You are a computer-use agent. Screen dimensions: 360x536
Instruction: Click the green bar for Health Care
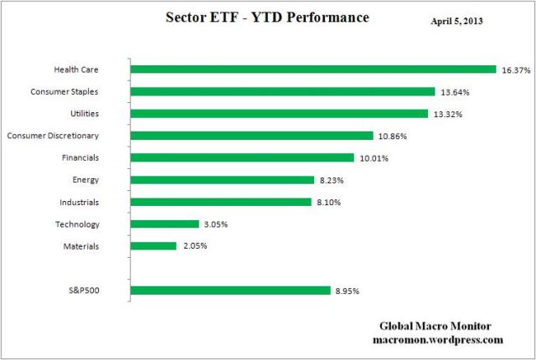coord(314,69)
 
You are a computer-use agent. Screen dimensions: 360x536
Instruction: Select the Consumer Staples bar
coord(283,91)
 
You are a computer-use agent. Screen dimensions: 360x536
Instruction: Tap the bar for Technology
coord(165,224)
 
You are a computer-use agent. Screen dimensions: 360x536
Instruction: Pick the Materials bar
coord(154,246)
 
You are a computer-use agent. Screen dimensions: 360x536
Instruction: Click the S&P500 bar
coord(230,291)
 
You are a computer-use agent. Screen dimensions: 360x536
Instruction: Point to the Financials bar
coord(242,157)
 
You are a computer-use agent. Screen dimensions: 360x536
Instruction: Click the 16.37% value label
coord(516,70)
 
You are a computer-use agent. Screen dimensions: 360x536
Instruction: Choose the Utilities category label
coord(84,113)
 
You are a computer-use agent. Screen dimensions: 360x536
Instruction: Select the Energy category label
coord(86,179)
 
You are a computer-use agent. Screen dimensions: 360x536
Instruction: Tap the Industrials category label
coord(80,202)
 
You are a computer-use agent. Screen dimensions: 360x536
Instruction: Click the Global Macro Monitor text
coord(436,327)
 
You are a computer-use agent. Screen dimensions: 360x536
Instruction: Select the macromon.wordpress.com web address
coord(436,340)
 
